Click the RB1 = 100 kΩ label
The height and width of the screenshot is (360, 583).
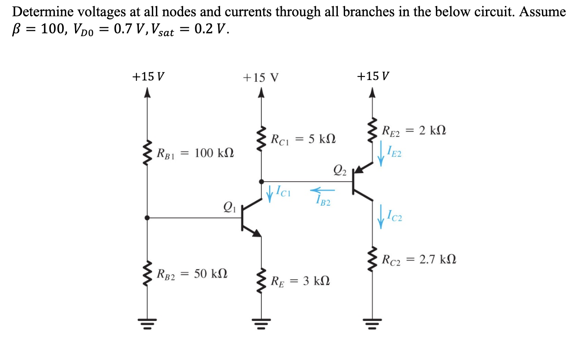195,154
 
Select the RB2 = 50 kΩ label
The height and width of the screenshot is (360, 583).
192,274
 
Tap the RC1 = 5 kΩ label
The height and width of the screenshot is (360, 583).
303,139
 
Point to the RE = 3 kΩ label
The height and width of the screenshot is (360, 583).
300,281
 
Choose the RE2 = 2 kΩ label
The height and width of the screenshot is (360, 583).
414,131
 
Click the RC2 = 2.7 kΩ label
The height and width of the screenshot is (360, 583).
419,260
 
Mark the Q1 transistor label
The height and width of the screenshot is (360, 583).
229,207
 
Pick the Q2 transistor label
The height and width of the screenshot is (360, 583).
340,170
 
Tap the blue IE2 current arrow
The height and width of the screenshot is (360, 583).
380,153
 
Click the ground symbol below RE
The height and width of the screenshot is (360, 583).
261,323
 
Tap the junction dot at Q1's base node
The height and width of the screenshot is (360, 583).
147,218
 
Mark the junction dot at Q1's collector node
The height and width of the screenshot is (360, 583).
261,182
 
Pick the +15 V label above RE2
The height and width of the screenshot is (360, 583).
373,76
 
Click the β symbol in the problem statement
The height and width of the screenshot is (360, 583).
17,29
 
